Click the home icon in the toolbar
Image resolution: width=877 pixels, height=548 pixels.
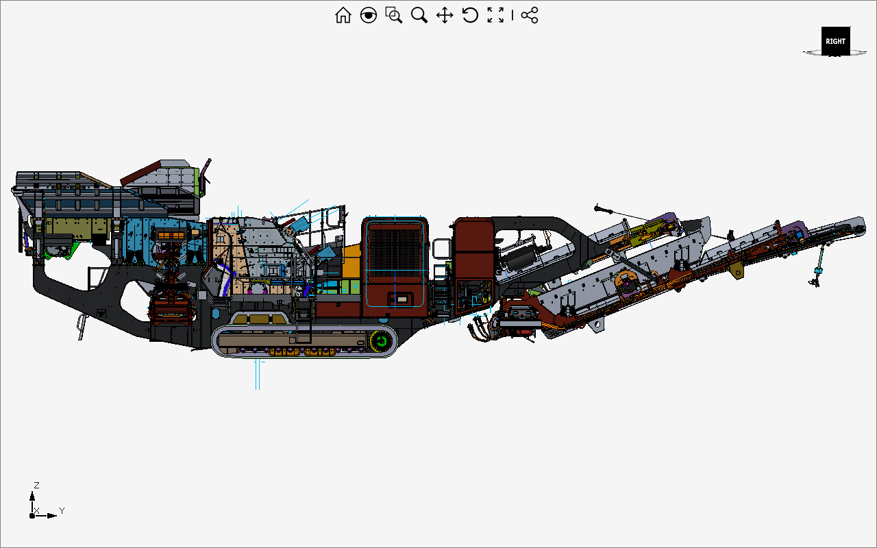[343, 15]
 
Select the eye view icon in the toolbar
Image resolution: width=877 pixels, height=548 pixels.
[369, 15]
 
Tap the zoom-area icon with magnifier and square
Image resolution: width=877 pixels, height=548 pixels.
[393, 15]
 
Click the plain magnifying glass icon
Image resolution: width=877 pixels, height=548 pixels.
[419, 15]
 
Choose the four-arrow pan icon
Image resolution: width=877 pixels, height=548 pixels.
[445, 16]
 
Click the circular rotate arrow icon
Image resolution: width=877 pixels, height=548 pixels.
[470, 15]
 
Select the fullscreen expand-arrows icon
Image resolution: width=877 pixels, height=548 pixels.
[495, 15]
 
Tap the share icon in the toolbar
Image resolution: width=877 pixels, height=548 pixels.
[530, 15]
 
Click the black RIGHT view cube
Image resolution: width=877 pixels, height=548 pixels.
[835, 41]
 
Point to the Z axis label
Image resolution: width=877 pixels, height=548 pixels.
[36, 486]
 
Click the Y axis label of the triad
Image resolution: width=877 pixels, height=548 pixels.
[62, 510]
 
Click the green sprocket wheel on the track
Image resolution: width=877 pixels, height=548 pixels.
[381, 341]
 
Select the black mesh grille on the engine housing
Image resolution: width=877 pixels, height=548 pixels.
[395, 253]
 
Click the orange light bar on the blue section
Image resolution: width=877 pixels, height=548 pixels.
[171, 235]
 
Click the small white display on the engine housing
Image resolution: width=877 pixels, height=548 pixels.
[402, 299]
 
